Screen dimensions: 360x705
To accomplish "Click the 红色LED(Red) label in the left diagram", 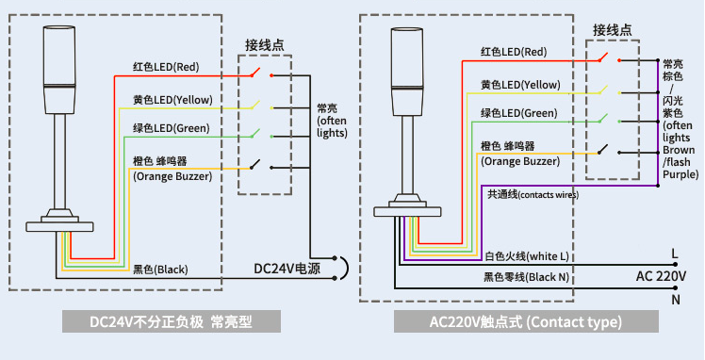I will coord(165,67).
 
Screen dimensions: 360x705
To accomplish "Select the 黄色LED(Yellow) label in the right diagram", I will coord(520,85).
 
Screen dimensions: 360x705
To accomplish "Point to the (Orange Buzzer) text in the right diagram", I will coord(520,161).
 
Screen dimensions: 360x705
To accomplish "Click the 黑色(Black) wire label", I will coord(160,270).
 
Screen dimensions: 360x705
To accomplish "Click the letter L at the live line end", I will coord(675,254).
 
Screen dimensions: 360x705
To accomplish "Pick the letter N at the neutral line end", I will coord(675,300).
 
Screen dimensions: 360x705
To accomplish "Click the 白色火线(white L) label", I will coord(527,255).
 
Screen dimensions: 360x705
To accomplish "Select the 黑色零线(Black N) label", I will coord(526,277).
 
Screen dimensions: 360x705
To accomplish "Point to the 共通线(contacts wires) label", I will coord(533,194).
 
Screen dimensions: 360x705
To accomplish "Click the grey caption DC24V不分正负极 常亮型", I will coord(172,321).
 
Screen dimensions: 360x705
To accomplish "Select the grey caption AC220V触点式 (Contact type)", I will coord(525,321).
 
